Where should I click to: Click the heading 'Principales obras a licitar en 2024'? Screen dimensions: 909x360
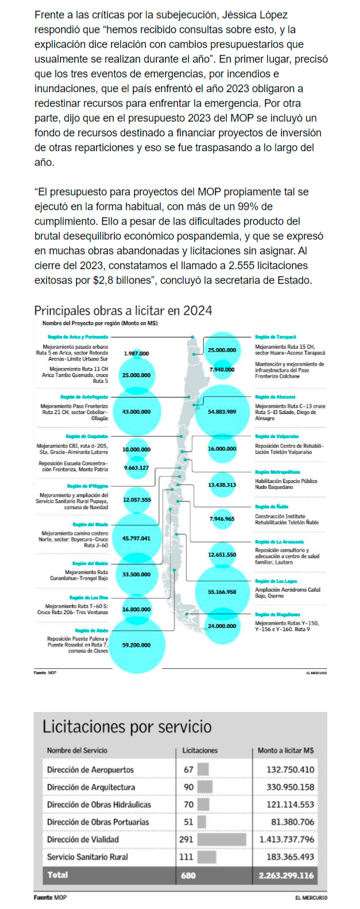tap(123, 311)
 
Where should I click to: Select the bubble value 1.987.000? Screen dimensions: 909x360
tap(136, 353)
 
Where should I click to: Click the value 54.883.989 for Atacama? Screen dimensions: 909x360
tap(222, 411)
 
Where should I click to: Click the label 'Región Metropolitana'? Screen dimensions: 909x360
tap(277, 472)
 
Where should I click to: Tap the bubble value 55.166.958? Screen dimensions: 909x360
tap(222, 591)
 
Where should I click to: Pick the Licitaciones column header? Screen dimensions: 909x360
tap(200, 751)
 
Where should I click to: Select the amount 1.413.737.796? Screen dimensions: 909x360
tap(286, 839)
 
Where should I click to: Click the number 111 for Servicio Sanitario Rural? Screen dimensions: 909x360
tap(189, 857)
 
